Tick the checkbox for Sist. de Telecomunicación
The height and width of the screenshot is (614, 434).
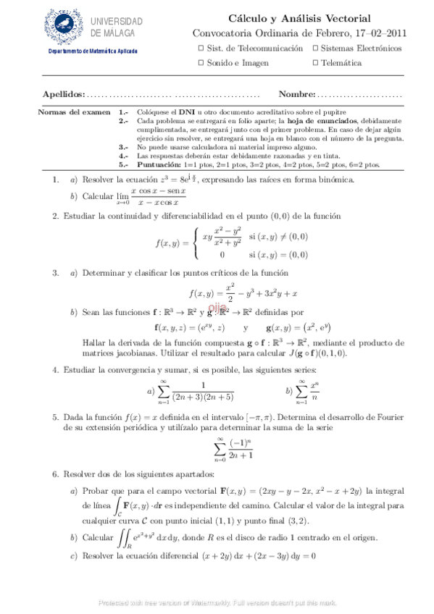(201, 48)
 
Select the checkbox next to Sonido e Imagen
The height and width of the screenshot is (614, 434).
(201, 63)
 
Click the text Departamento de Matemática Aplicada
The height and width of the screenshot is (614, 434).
(93, 51)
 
